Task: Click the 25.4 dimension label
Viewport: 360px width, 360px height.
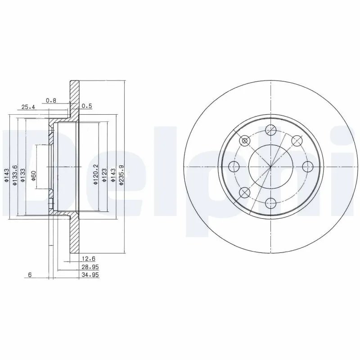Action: tap(27, 107)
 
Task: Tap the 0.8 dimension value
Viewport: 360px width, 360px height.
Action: tap(51, 100)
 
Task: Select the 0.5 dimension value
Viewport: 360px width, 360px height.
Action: tap(87, 106)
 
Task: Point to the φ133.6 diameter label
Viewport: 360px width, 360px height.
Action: tap(16, 175)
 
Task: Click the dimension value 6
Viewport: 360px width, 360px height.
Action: tap(29, 275)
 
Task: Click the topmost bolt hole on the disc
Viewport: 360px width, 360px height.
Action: tap(270, 130)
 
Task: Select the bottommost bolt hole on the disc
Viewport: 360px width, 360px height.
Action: tap(270, 202)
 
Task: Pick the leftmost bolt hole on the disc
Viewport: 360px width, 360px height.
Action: tap(234, 167)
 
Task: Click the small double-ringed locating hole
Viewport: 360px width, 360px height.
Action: tap(245, 141)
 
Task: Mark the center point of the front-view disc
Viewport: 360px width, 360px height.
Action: tap(270, 167)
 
